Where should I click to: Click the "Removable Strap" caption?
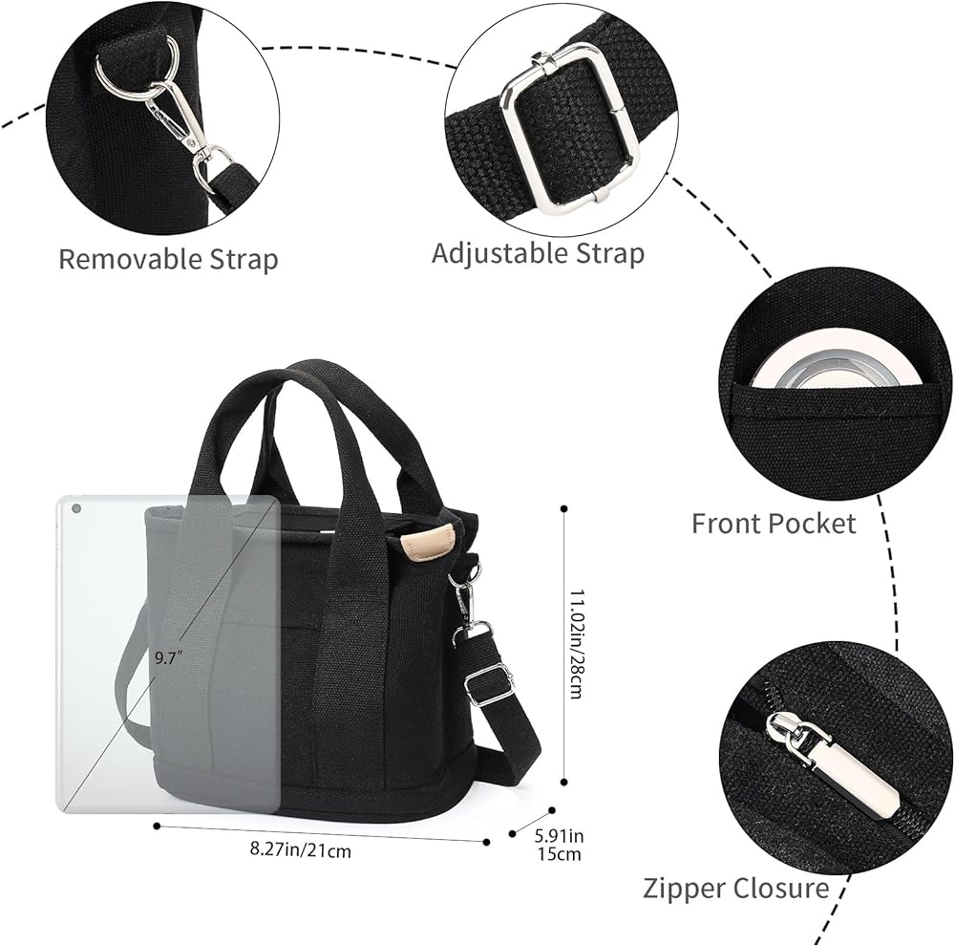coord(169,260)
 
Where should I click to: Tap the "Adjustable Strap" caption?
coord(538,253)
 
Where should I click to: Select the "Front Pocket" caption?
coord(774,524)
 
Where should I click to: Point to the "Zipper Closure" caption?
coord(735,889)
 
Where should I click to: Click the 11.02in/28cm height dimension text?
coord(576,643)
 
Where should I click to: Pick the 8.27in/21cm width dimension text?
coord(301,849)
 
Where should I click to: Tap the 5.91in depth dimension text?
coord(559,835)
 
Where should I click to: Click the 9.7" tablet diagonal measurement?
coord(168,657)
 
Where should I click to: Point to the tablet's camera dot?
coord(76,508)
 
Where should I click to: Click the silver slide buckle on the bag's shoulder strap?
coord(487,684)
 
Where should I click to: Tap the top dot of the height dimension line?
coord(564,508)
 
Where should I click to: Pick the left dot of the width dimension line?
coord(157,827)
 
